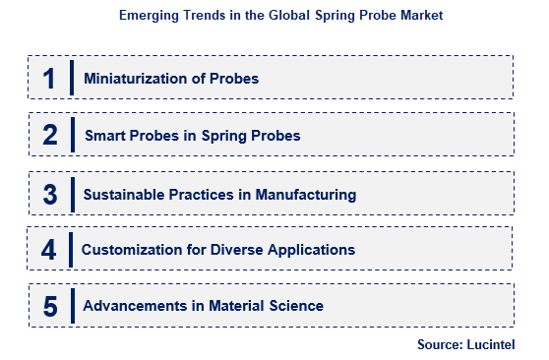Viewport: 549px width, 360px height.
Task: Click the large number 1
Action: tap(48, 80)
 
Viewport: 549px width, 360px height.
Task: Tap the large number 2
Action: tap(49, 136)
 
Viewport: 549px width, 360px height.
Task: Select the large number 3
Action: tap(49, 194)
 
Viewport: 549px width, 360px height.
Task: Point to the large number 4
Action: tap(49, 250)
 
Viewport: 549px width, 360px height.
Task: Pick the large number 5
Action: tap(49, 306)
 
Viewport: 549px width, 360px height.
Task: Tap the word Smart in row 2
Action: tap(104, 136)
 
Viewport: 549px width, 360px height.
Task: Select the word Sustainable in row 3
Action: tap(125, 194)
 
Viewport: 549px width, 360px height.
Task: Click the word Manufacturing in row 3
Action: tap(305, 194)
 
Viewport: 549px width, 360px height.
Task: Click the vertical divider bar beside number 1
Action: tap(72, 80)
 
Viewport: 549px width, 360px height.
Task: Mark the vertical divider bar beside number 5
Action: tap(72, 306)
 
